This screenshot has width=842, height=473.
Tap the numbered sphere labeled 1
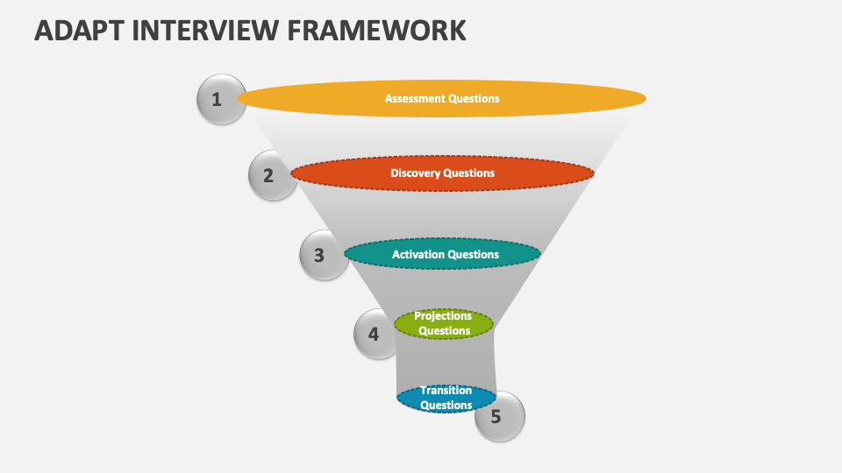(x=220, y=99)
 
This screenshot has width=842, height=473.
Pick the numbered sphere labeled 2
(x=272, y=175)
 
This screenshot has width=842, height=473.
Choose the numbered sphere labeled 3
(x=323, y=255)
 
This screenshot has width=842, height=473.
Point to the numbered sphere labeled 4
(x=377, y=334)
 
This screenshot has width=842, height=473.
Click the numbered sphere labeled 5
(x=499, y=416)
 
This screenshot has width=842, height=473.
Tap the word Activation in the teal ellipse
(x=417, y=255)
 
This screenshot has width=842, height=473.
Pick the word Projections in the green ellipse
(x=443, y=316)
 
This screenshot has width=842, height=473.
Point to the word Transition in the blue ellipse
(x=446, y=391)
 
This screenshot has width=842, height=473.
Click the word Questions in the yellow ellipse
(x=474, y=99)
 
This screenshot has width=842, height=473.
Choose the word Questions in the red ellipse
(x=469, y=173)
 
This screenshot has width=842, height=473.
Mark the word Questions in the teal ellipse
(x=474, y=255)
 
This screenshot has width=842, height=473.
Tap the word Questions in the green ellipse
(x=444, y=331)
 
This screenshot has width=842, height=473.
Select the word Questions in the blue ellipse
(x=446, y=406)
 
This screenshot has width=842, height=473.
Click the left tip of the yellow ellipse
(x=239, y=99)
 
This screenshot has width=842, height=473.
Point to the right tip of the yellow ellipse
(x=645, y=98)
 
